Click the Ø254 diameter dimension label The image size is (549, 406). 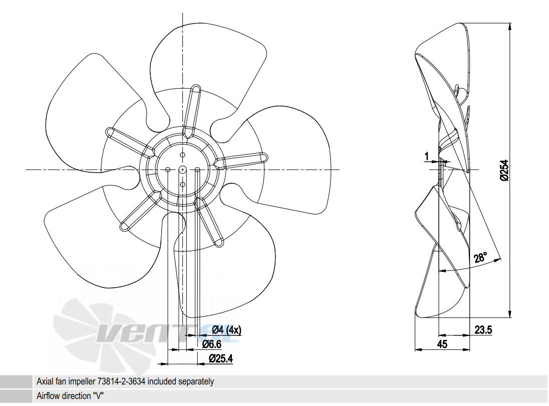[504, 170]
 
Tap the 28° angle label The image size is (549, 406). [480, 258]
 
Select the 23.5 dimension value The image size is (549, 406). [483, 330]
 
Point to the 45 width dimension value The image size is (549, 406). [442, 344]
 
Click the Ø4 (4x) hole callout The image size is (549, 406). [226, 330]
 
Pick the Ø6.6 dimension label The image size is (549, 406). [212, 344]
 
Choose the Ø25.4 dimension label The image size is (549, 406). [220, 359]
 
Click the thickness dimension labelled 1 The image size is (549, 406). [426, 157]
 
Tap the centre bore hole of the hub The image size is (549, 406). [182, 170]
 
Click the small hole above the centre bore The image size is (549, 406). [182, 155]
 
